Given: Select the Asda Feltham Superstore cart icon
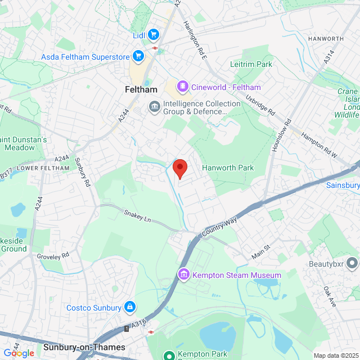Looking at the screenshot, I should pyautogui.click(x=138, y=56).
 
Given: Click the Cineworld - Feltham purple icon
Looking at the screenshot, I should pyautogui.click(x=183, y=87).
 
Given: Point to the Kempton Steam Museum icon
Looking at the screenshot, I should pyautogui.click(x=183, y=274).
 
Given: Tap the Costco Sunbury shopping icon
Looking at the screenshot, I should pyautogui.click(x=130, y=307).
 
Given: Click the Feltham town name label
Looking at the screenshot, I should pyautogui.click(x=139, y=89).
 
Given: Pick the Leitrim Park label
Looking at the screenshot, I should pyautogui.click(x=251, y=64).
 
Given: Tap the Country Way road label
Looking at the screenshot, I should pyautogui.click(x=220, y=227).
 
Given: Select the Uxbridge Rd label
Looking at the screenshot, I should pyautogui.click(x=259, y=105).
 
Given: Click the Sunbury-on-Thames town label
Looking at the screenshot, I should pyautogui.click(x=84, y=347).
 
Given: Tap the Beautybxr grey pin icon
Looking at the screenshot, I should pyautogui.click(x=352, y=263).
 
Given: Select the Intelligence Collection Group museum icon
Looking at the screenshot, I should pyautogui.click(x=154, y=106).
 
